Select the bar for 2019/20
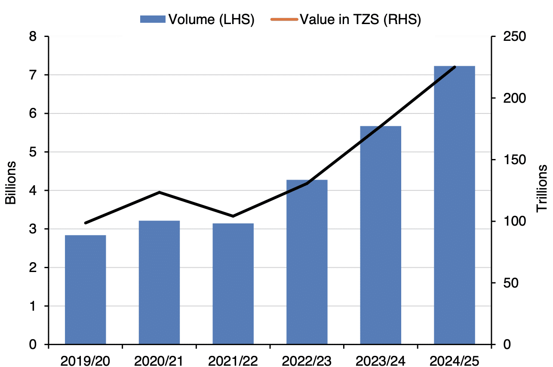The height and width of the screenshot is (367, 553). [85, 290]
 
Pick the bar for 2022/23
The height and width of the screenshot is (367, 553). [307, 262]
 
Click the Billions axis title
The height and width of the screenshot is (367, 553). [10, 183]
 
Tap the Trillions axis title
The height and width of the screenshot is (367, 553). [542, 188]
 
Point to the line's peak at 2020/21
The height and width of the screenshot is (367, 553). [159, 192]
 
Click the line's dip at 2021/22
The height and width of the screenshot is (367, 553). [233, 216]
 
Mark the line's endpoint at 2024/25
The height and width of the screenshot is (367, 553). [455, 67]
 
